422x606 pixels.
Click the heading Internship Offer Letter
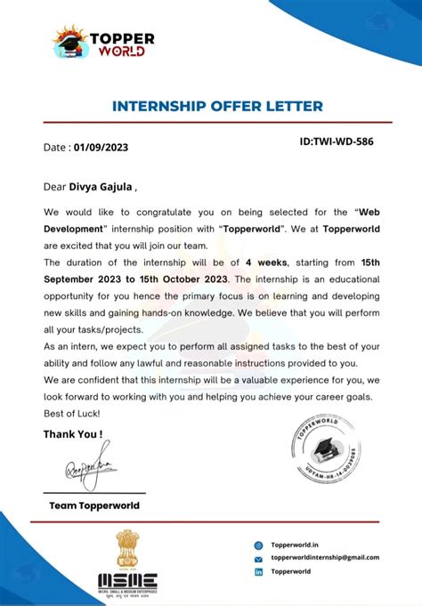(x=217, y=107)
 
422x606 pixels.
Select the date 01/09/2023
(x=101, y=148)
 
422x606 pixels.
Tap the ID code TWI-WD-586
(x=336, y=141)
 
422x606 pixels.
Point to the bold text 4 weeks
(x=266, y=263)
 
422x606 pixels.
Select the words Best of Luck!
(x=72, y=414)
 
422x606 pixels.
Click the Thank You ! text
(x=73, y=434)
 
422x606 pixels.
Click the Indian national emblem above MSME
(x=127, y=548)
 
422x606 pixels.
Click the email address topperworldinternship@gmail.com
(x=325, y=558)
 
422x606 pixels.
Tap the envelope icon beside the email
(x=258, y=559)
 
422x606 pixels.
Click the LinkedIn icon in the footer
(x=258, y=572)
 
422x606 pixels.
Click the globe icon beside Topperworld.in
(x=258, y=545)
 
